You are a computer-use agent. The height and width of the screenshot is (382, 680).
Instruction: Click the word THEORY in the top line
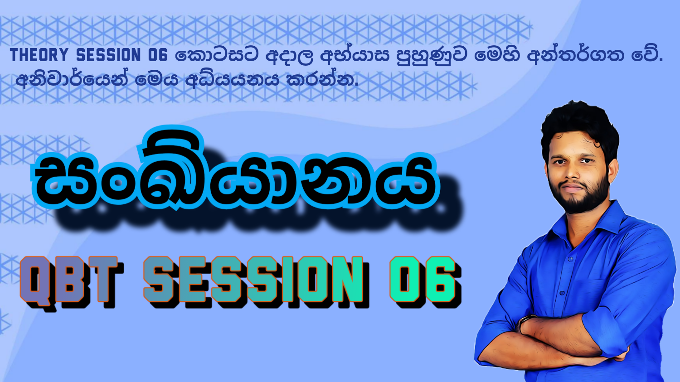click(x=39, y=55)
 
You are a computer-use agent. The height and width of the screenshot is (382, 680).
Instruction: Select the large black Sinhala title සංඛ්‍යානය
click(x=237, y=171)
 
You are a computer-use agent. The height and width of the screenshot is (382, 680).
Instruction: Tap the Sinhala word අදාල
click(x=290, y=56)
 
